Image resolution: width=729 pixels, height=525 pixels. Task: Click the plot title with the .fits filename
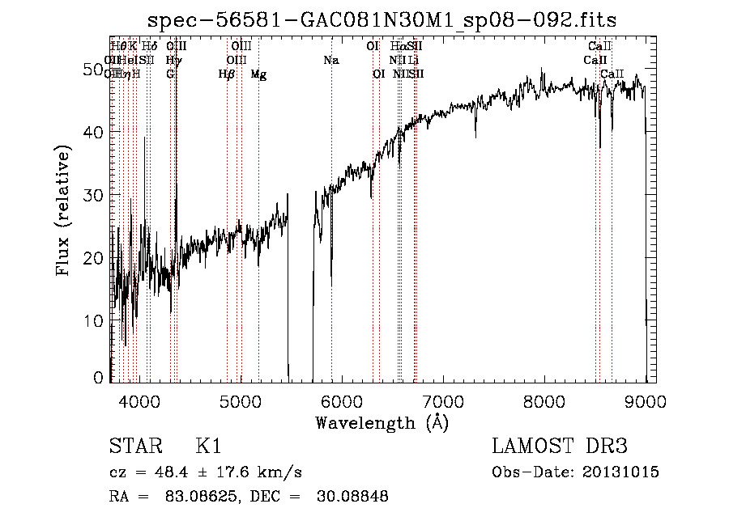(x=383, y=20)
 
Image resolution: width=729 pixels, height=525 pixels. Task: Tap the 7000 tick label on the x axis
(x=442, y=402)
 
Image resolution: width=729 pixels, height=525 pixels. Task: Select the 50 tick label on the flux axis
(x=94, y=70)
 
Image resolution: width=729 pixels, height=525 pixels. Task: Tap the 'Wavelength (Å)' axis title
(x=382, y=422)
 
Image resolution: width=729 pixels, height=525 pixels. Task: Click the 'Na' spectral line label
(x=330, y=61)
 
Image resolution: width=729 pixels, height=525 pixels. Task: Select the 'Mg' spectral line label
(x=258, y=74)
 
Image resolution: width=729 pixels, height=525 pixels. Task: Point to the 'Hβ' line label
(x=226, y=74)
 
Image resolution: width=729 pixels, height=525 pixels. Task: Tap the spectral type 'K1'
(x=208, y=447)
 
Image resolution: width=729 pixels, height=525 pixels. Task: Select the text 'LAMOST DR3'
(x=560, y=447)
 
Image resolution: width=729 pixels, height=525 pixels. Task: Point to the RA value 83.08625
(x=198, y=497)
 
